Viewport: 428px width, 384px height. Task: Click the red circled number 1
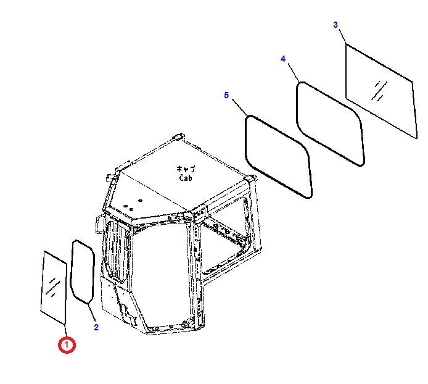tap(67, 345)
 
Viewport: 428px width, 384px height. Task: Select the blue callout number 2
tap(96, 327)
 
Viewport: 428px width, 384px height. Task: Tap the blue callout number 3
tap(335, 25)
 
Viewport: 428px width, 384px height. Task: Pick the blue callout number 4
tap(283, 59)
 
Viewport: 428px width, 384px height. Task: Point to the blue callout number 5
tap(226, 95)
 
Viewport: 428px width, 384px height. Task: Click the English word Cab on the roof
tap(186, 178)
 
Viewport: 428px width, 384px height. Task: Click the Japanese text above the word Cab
tap(186, 169)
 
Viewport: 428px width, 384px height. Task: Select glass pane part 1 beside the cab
tap(54, 288)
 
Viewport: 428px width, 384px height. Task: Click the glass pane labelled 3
tap(381, 91)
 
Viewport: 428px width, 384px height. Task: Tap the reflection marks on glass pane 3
tap(379, 91)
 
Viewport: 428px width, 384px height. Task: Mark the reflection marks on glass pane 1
tap(53, 287)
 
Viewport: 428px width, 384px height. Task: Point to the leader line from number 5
tap(240, 107)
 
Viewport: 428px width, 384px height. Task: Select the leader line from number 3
tap(342, 36)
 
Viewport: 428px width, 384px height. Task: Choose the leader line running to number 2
tap(91, 312)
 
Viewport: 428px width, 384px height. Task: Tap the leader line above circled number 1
tap(65, 331)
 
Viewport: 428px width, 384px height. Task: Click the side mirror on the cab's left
tap(99, 224)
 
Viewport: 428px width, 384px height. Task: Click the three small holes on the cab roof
tap(133, 205)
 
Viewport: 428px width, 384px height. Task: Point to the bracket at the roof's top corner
tap(178, 136)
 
